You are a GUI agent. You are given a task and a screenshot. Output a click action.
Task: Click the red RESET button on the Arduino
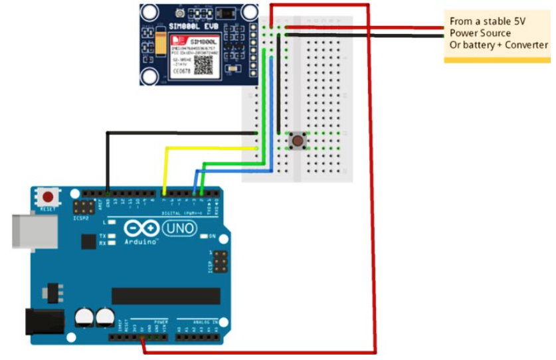(48, 197)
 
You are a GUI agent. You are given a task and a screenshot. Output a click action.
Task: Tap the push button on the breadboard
(298, 140)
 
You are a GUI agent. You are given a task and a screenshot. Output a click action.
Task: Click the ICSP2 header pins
(84, 206)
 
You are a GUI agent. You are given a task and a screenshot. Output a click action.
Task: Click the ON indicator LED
(204, 236)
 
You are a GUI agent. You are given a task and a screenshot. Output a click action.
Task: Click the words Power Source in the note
(480, 33)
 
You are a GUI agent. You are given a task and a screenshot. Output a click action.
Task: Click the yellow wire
(199, 148)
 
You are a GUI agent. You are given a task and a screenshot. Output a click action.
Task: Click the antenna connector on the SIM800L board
(180, 13)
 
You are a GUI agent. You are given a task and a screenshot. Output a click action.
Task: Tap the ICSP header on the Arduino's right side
(218, 261)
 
